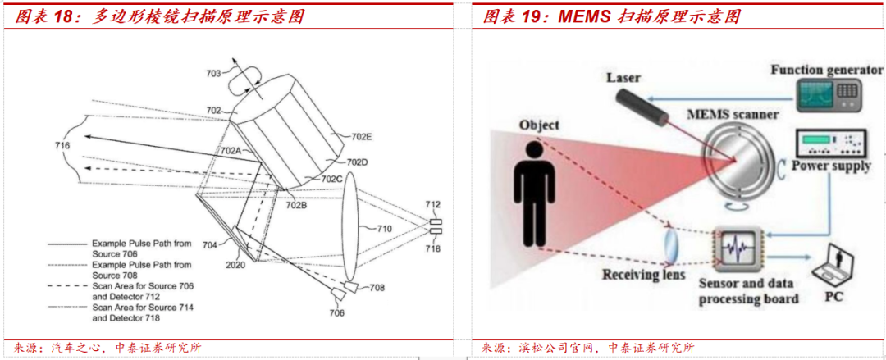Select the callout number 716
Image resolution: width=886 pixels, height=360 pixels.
62,146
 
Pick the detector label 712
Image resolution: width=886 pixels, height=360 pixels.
432,204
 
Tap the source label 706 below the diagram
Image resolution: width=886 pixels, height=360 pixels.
337,313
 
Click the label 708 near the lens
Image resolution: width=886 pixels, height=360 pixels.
377,288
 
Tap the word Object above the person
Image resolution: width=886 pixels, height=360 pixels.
539,125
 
